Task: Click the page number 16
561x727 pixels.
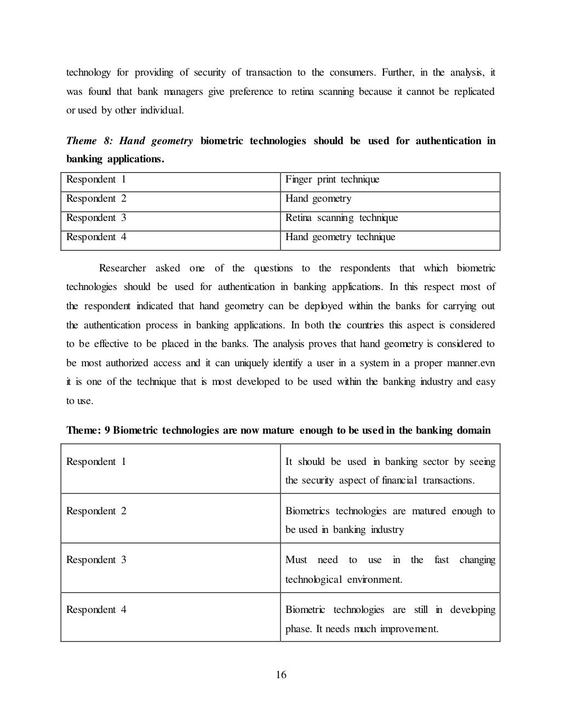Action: click(x=280, y=675)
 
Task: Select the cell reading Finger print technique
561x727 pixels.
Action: click(x=332, y=180)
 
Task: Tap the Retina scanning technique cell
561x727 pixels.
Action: click(x=341, y=218)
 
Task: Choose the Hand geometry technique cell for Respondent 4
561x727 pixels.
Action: click(x=340, y=237)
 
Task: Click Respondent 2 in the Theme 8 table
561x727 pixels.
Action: click(x=96, y=199)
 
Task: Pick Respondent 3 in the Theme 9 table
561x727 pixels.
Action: click(x=96, y=560)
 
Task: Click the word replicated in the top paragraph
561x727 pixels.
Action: click(x=474, y=92)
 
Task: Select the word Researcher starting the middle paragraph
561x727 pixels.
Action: click(x=122, y=268)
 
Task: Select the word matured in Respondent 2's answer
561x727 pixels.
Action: click(x=428, y=511)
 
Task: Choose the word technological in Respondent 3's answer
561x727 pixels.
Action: click(x=313, y=579)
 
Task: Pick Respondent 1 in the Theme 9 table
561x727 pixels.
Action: click(x=96, y=462)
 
